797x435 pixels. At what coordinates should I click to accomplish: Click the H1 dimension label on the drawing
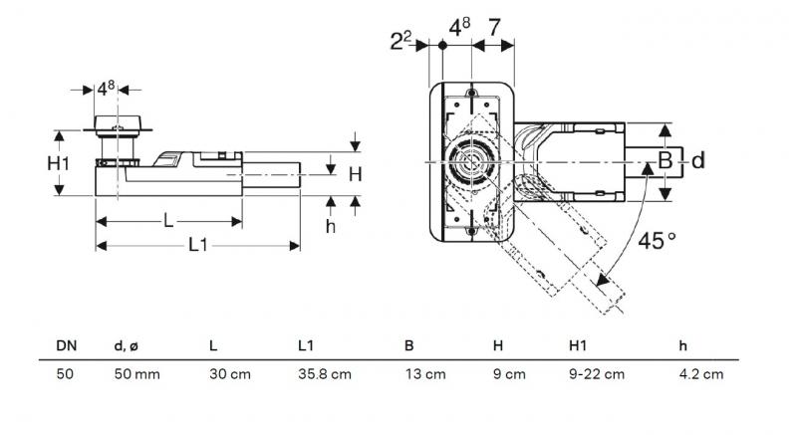coord(60,162)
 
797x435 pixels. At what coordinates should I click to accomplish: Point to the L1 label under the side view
coord(197,245)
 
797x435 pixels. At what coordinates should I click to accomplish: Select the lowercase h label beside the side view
coord(331,226)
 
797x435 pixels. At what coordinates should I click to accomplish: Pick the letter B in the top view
coord(664,160)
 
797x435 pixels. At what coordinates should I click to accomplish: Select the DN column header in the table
coord(66,345)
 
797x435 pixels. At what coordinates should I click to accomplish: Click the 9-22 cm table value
coord(596,374)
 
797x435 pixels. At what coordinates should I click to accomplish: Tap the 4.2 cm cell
coord(701,374)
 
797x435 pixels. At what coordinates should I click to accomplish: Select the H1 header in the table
coord(577,345)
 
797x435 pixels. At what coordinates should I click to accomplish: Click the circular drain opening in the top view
coord(469,162)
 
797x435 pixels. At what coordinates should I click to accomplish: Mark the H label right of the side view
coord(354,174)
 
